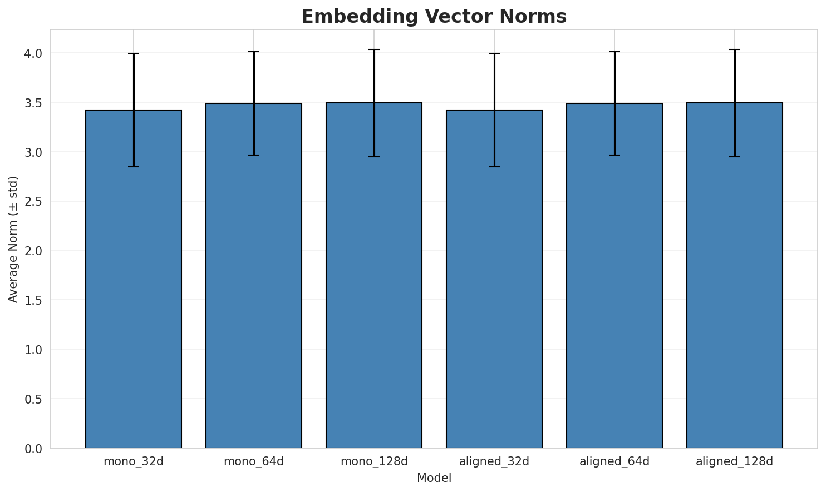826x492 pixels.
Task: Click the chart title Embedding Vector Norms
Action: pyautogui.click(x=434, y=17)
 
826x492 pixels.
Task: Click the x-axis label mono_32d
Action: pyautogui.click(x=134, y=461)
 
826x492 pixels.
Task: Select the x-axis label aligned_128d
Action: pyautogui.click(x=735, y=461)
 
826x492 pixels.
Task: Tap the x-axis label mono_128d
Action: pyautogui.click(x=374, y=461)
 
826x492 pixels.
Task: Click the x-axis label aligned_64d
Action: pyautogui.click(x=614, y=461)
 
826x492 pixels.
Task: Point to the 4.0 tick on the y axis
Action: pyautogui.click(x=35, y=53)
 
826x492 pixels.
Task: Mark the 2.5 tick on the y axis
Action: pyautogui.click(x=35, y=201)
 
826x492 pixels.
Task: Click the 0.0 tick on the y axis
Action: pyautogui.click(x=35, y=448)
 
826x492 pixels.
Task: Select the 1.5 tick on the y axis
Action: pyautogui.click(x=35, y=300)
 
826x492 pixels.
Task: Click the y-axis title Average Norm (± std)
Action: pyautogui.click(x=13, y=239)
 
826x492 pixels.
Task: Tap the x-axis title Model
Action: pyautogui.click(x=434, y=478)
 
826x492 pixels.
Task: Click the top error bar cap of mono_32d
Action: pyautogui.click(x=134, y=53)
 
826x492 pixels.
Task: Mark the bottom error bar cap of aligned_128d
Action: pyautogui.click(x=735, y=157)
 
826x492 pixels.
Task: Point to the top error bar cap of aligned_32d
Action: pyautogui.click(x=494, y=53)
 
